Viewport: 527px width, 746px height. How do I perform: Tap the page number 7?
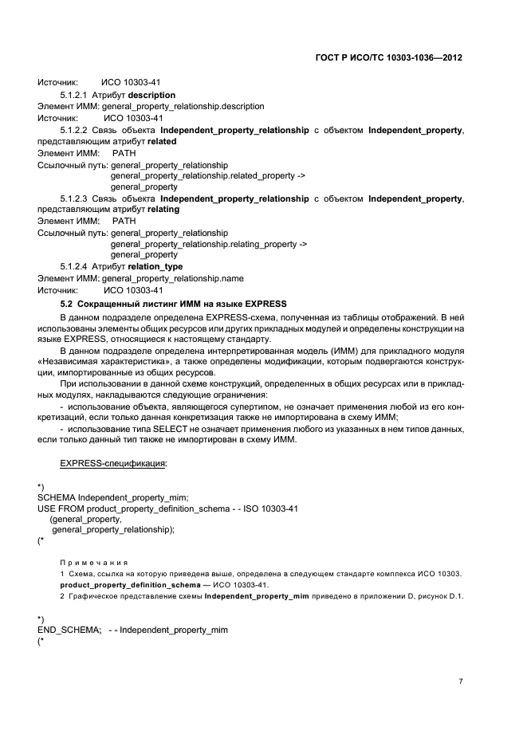pos(461,681)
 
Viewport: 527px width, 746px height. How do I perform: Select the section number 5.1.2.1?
pos(74,95)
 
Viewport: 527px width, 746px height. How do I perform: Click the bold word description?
pos(146,95)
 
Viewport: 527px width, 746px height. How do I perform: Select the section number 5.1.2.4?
pos(74,266)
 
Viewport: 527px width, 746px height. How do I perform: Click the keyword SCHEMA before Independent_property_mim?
pos(58,497)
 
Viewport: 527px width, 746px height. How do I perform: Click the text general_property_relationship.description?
pos(178,106)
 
